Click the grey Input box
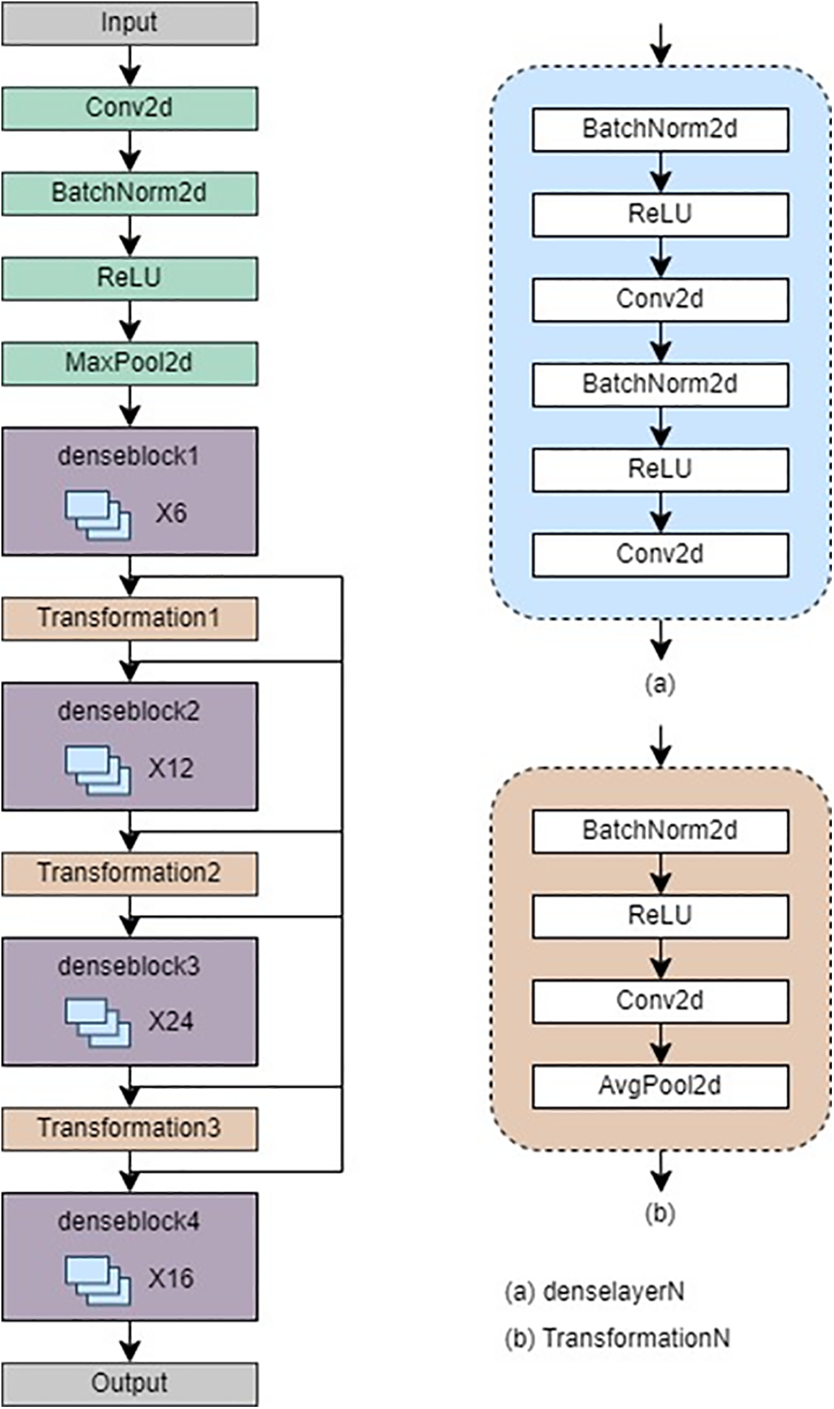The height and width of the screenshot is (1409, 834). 129,23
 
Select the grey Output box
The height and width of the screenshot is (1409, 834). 129,1383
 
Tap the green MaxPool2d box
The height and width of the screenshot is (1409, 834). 129,363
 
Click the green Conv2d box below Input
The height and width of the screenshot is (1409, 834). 129,108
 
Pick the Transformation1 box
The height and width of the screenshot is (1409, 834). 129,618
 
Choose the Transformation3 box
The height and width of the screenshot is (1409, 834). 129,1128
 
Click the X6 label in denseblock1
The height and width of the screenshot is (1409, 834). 171,513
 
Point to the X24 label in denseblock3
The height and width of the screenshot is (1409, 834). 171,1022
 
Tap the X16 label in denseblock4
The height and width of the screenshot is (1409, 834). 171,1278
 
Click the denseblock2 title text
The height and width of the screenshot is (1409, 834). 129,711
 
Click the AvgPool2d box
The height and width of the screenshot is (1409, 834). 660,1086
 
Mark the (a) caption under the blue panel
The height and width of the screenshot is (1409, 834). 660,683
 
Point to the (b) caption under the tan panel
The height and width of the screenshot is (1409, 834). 660,1213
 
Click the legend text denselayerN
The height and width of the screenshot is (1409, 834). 613,1291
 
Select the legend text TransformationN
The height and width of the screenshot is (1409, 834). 636,1338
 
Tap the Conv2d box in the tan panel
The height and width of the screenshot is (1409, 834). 660,1001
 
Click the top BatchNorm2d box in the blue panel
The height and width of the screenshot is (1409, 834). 660,129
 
